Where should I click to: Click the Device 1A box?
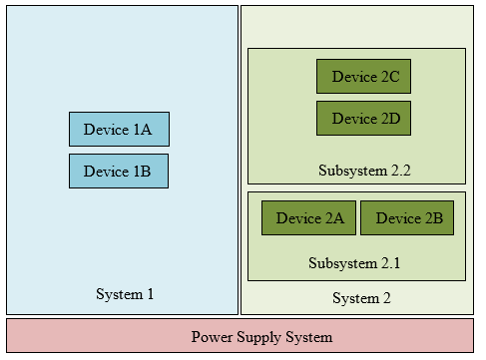pyautogui.click(x=119, y=129)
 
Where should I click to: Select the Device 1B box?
pyautogui.click(x=119, y=171)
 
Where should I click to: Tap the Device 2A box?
pyautogui.click(x=309, y=218)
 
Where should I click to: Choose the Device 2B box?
pyautogui.click(x=408, y=218)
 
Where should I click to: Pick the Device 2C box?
pyautogui.click(x=364, y=77)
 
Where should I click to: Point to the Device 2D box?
pyautogui.click(x=364, y=119)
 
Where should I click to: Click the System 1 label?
pyautogui.click(x=125, y=294)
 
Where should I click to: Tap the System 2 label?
pyautogui.click(x=361, y=298)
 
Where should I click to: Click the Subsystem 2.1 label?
pyautogui.click(x=355, y=263)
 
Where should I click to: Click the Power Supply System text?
pyautogui.click(x=261, y=337)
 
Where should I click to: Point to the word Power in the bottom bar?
pyautogui.click(x=212, y=337)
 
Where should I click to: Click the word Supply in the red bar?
pyautogui.click(x=259, y=337)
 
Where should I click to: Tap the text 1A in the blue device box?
pyautogui.click(x=142, y=129)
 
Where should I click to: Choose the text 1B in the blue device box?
pyautogui.click(x=142, y=171)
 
